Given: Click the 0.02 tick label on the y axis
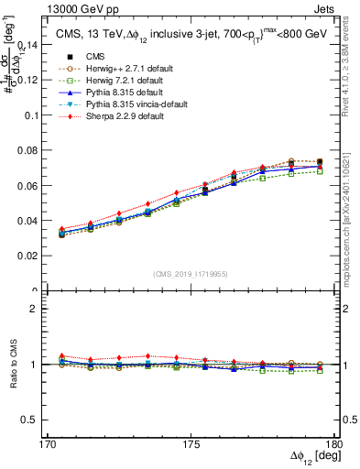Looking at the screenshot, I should pos(33,256).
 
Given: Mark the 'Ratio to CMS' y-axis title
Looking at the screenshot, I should pos(12,364).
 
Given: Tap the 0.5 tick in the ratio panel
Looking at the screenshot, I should pos(36,420).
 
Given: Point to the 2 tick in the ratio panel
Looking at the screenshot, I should pos(40,309).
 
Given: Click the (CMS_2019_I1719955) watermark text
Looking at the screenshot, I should pos(191,273).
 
